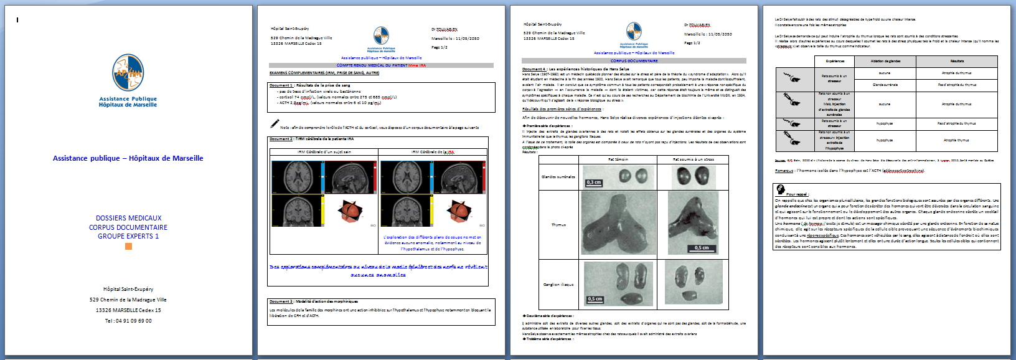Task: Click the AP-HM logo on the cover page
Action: tap(128, 73)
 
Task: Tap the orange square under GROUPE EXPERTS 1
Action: tap(128, 247)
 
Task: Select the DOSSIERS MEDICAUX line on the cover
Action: tap(128, 218)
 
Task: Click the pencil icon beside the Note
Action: tap(275, 124)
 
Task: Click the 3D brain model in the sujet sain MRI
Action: tap(350, 211)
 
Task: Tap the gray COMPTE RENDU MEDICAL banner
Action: tap(381, 65)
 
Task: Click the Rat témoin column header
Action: tap(618, 159)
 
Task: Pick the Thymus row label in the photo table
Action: tap(558, 225)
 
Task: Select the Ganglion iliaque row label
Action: tap(558, 285)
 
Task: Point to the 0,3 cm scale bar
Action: tap(594, 182)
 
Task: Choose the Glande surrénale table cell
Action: tap(885, 85)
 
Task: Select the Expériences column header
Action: tap(835, 61)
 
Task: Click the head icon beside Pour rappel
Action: tap(780, 189)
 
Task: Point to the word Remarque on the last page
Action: tap(784, 171)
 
